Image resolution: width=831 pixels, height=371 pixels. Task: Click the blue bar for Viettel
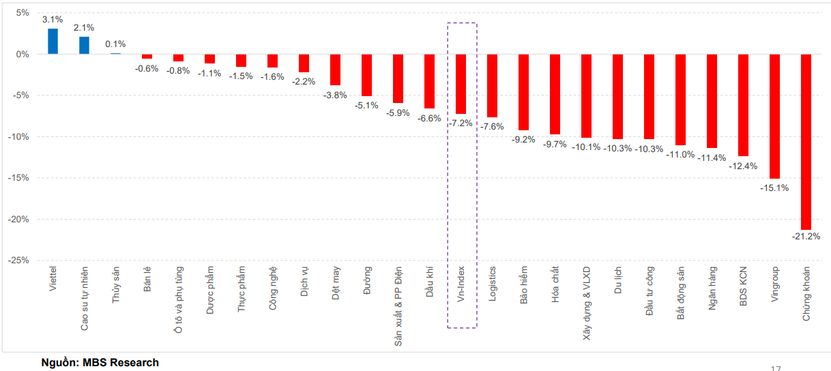(53, 41)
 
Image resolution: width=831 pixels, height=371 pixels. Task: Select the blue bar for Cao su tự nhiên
(84, 45)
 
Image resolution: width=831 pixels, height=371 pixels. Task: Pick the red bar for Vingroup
(774, 116)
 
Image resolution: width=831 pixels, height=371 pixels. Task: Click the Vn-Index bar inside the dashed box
(461, 84)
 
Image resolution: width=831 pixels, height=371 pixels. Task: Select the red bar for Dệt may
(335, 70)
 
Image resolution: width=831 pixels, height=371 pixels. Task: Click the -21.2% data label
(806, 237)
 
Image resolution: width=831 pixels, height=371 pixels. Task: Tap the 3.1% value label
(53, 20)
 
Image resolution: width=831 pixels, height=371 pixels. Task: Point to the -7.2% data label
(461, 123)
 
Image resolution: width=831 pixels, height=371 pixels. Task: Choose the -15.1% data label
(774, 188)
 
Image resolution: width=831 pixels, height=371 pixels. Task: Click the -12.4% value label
(743, 166)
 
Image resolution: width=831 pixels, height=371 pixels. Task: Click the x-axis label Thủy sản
(115, 285)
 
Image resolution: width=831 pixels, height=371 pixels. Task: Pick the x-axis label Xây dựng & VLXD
(587, 301)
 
